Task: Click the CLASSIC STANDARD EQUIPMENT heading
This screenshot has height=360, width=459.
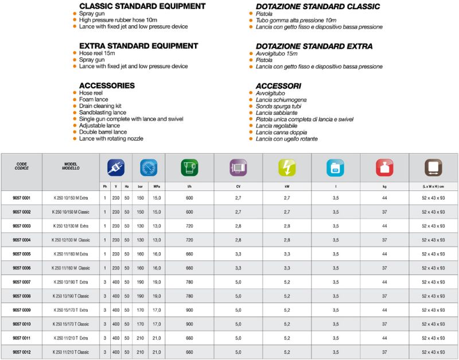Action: (x=142, y=6)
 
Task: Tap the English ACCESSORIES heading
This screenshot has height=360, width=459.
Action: (x=107, y=86)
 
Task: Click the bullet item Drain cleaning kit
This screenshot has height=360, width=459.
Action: (x=100, y=106)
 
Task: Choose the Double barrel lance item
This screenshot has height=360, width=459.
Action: (x=103, y=132)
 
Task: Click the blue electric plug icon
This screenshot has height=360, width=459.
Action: (x=115, y=167)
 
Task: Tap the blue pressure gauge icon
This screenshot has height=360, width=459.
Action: (x=149, y=167)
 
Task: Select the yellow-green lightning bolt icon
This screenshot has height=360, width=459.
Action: (x=287, y=167)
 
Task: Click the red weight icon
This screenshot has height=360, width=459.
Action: (x=384, y=167)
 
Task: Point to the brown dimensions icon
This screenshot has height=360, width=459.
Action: (x=433, y=167)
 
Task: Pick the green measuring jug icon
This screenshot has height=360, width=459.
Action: (x=189, y=167)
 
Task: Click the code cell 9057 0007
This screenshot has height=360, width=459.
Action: (x=22, y=282)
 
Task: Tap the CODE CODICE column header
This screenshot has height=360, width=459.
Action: (x=22, y=166)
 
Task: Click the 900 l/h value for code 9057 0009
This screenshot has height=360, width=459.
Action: (x=189, y=310)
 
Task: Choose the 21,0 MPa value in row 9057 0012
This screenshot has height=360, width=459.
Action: (x=157, y=352)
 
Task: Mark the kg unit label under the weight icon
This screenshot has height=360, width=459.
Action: (x=384, y=186)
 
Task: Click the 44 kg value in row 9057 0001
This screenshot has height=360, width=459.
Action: (x=384, y=198)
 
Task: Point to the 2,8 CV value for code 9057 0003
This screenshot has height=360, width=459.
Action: (x=238, y=226)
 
